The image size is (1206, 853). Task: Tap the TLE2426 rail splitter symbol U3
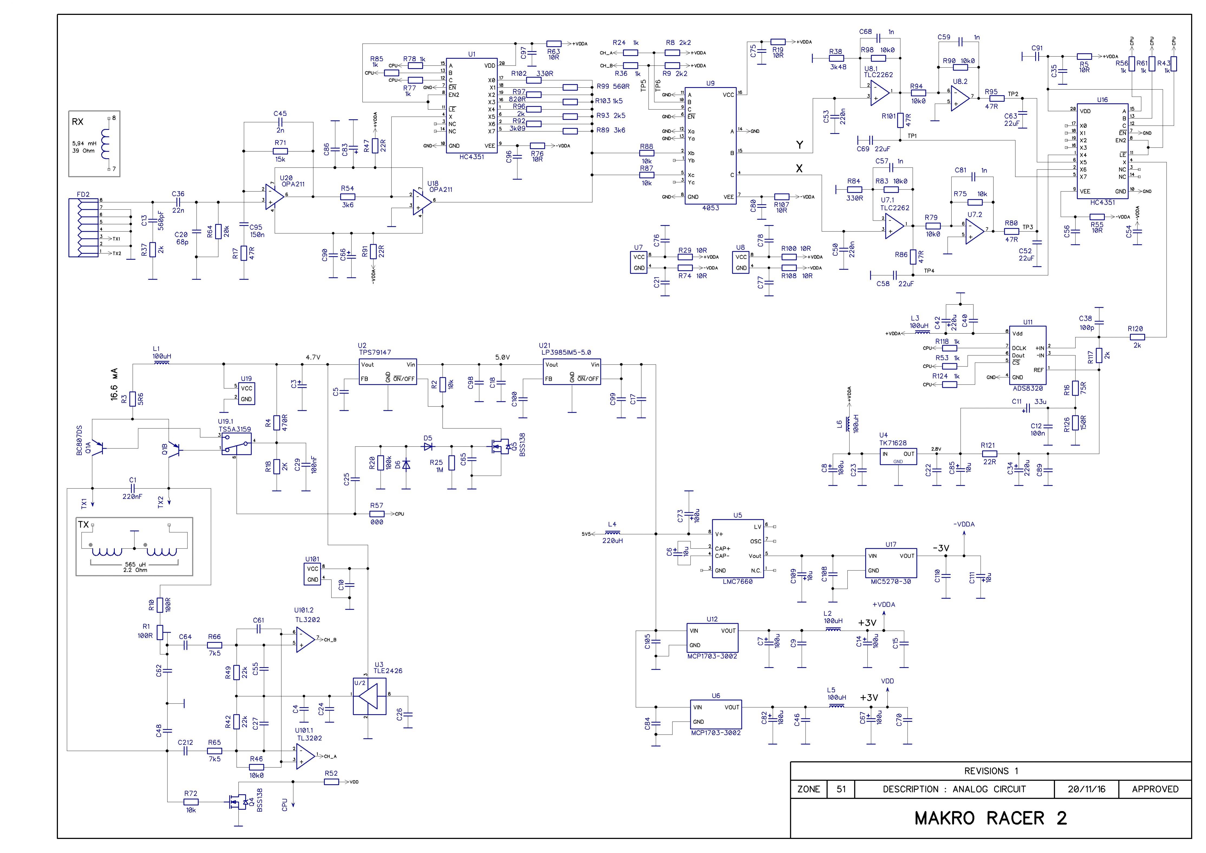pos(369,697)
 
